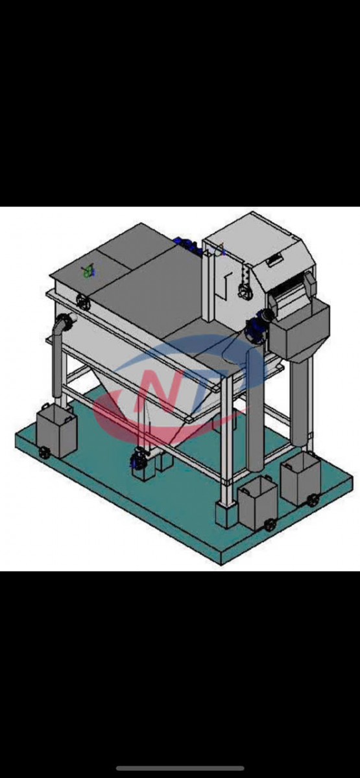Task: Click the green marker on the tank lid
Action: click(x=88, y=271)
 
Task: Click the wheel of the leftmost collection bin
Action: click(x=44, y=453)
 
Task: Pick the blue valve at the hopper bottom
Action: click(x=137, y=460)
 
